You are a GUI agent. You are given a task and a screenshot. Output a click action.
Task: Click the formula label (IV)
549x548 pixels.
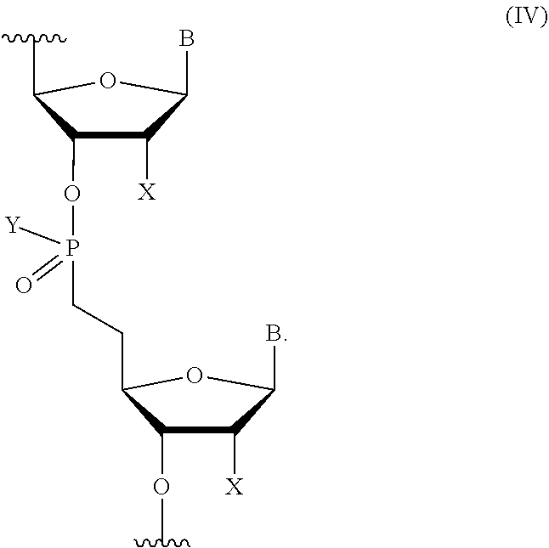point(525,17)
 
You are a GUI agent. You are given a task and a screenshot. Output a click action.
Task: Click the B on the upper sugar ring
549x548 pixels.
point(186,39)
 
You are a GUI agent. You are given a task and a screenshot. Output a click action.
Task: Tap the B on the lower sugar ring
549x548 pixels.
point(274,335)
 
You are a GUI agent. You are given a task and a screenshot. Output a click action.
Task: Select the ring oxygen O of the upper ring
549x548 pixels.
point(107,81)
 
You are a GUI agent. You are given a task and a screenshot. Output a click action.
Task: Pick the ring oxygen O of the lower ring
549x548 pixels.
point(195,376)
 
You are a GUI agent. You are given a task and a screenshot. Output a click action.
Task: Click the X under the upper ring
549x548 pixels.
point(147,192)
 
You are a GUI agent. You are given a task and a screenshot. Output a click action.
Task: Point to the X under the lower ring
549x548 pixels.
point(234,487)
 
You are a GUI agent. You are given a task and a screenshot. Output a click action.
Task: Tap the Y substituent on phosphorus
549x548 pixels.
point(13,225)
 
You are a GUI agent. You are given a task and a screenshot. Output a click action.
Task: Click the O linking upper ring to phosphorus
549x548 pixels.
point(72,195)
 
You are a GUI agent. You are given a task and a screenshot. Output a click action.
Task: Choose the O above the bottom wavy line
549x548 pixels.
point(161,487)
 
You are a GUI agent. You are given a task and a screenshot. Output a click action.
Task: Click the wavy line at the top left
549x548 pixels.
point(33,38)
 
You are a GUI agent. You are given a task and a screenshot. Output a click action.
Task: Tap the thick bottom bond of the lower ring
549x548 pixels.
point(197,431)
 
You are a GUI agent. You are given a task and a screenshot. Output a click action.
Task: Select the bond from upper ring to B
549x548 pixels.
point(187,74)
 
